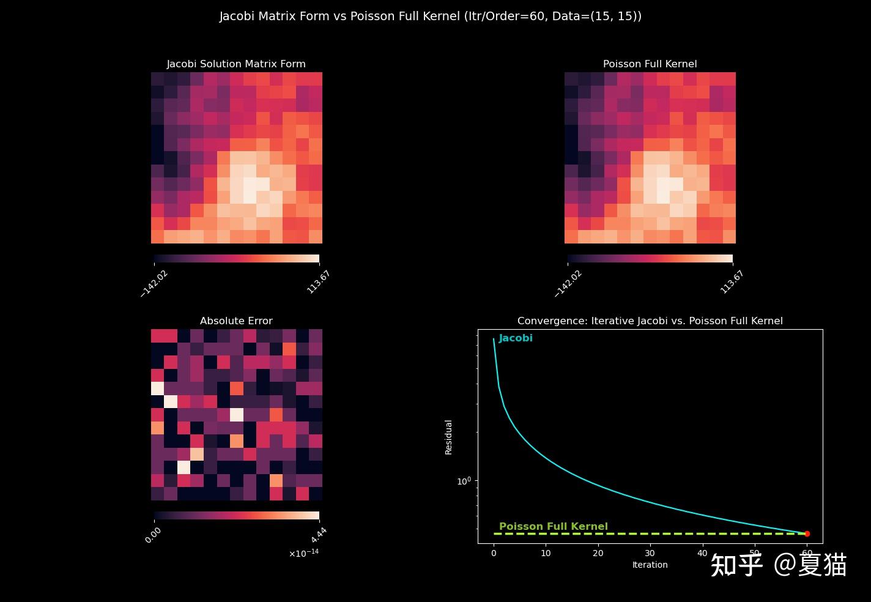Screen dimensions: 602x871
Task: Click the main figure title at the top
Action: click(431, 17)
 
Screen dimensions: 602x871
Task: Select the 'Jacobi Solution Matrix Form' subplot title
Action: click(236, 64)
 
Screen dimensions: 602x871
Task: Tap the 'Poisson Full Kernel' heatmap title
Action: click(650, 64)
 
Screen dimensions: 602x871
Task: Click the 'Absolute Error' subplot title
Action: click(236, 321)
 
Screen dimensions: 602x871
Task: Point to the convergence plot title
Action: click(650, 321)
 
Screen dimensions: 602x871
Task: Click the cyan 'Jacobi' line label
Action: click(516, 338)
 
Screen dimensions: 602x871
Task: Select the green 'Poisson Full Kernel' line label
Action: click(553, 527)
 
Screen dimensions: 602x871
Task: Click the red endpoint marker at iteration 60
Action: click(807, 534)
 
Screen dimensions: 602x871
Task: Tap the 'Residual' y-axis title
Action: click(449, 437)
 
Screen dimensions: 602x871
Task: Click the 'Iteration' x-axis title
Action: click(650, 565)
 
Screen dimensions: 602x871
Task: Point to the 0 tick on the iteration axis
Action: click(494, 553)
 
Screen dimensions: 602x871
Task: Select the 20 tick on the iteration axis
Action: click(598, 553)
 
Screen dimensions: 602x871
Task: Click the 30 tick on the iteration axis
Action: click(650, 553)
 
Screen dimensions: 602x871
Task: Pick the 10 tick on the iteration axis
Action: click(546, 553)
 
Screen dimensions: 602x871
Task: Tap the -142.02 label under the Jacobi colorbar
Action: click(154, 283)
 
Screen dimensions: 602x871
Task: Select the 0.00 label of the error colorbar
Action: click(153, 535)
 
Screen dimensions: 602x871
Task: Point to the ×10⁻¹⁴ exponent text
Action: click(304, 553)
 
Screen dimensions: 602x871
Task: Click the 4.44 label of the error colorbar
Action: click(319, 535)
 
